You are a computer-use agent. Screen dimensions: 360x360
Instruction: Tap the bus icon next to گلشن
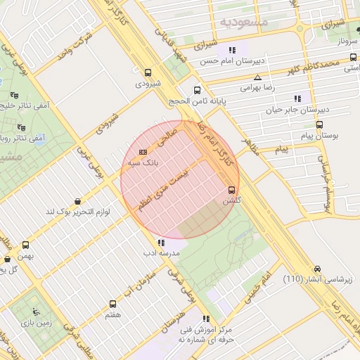[x=231, y=190]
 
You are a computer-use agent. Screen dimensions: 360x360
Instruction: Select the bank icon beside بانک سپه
[x=144, y=152]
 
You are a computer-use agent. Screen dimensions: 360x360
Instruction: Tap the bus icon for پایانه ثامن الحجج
[x=197, y=90]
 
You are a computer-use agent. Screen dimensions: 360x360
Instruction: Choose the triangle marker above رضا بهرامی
[x=258, y=77]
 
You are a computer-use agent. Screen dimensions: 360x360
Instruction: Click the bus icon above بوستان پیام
[x=319, y=124]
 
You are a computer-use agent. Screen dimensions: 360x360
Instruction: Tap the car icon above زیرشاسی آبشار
[x=318, y=269]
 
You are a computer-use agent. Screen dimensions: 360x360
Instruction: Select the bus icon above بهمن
[x=26, y=245]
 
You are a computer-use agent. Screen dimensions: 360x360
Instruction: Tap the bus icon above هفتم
[x=113, y=304]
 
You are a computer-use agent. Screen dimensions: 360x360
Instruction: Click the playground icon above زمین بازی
[x=37, y=311]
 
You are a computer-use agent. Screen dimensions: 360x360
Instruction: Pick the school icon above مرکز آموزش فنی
[x=206, y=319]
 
